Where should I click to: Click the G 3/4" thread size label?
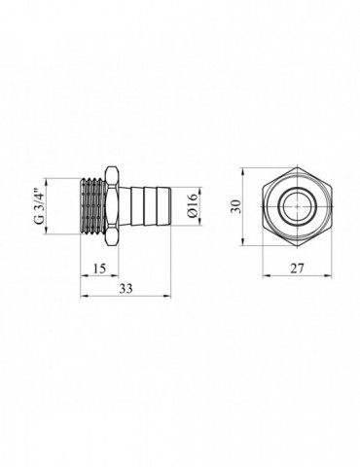pos(39,206)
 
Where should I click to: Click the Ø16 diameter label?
pos(192,206)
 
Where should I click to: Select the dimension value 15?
pos(99,269)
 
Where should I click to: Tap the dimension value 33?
pos(126,288)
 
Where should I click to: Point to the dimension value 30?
pos(236,206)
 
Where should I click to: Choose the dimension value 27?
pos(297,269)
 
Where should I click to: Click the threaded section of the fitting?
pos(92,206)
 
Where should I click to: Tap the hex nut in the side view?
pos(112,206)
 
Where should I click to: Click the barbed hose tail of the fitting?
pos(145,206)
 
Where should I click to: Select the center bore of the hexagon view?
pos(297,206)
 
